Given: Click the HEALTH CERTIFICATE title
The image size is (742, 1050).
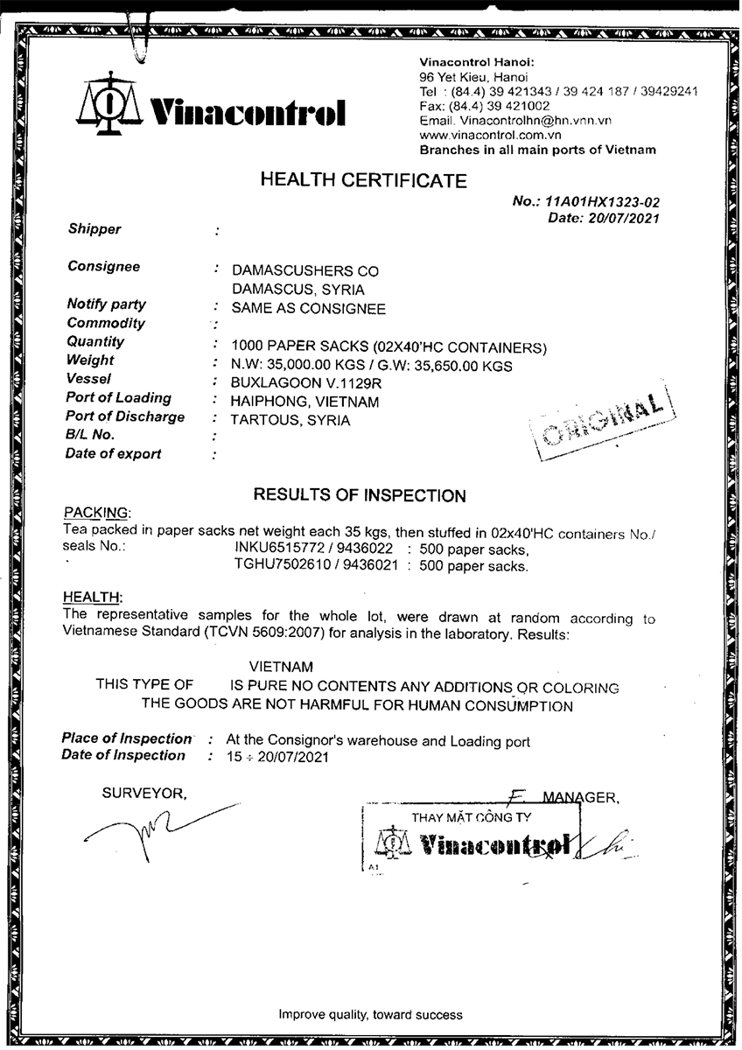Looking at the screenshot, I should point(363,181).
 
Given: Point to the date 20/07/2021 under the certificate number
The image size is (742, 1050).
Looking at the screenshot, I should point(622,219).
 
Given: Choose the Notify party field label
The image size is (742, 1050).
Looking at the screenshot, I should point(106,304).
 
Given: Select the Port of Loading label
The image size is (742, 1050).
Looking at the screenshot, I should point(118,398).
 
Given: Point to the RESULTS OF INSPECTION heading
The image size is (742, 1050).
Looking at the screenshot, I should point(360,496).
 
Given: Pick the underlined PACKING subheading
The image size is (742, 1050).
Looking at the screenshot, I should point(96,512).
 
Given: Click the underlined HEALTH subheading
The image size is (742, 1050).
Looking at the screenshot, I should point(92,597).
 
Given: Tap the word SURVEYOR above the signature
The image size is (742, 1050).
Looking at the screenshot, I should point(143,794).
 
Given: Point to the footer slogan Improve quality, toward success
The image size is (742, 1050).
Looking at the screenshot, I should point(370,1015).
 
